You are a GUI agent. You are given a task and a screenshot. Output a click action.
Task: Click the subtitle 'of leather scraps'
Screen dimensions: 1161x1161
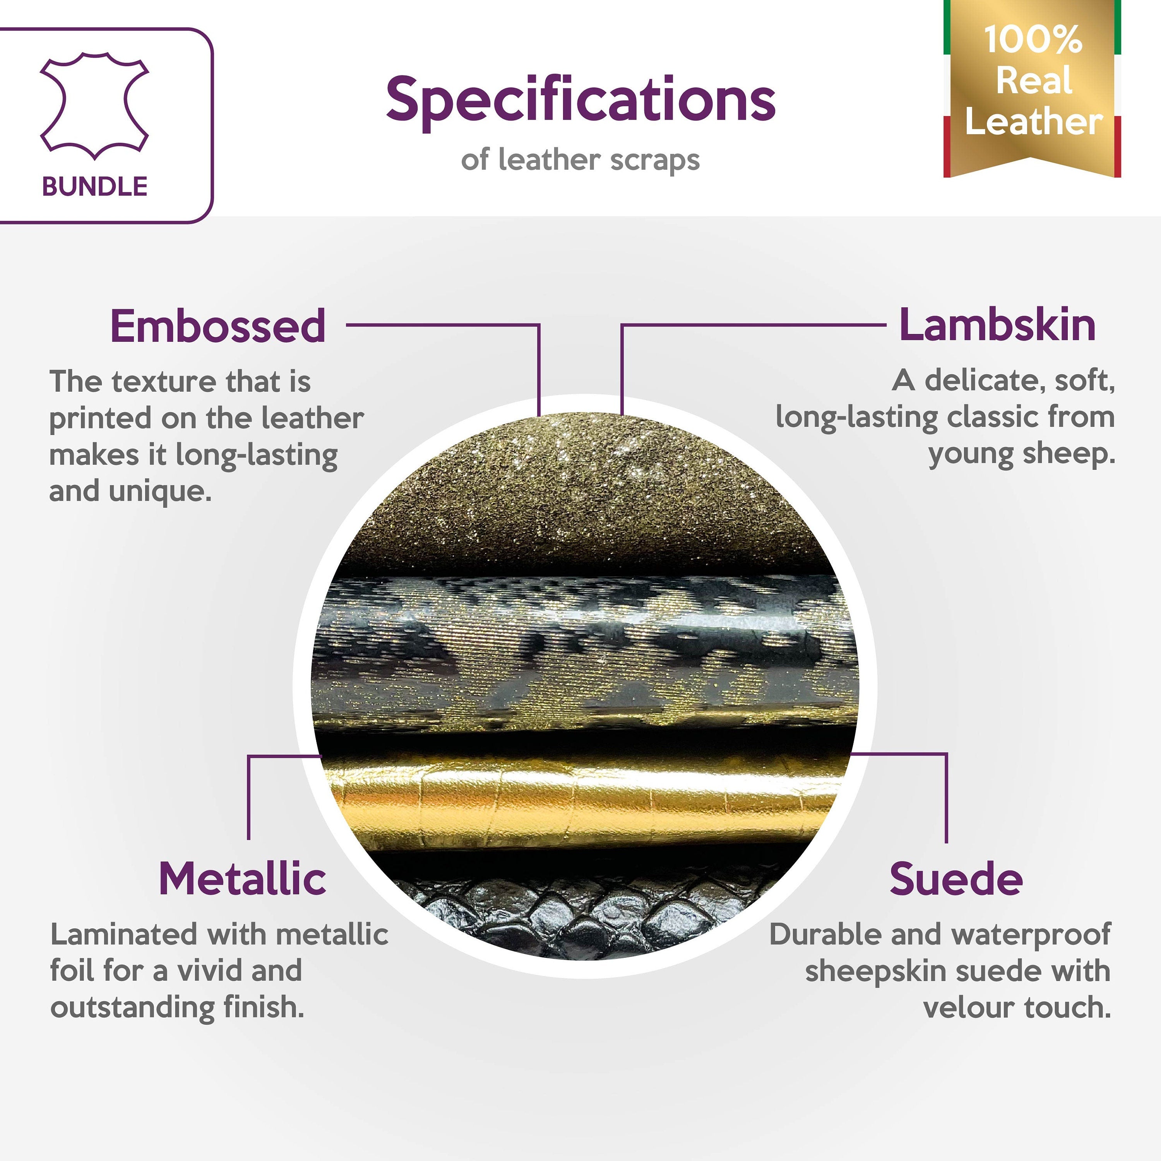(x=580, y=160)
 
